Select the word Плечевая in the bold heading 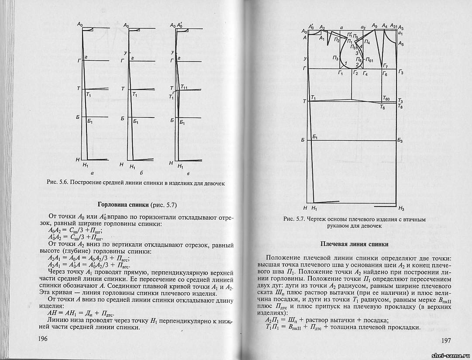click(334, 244)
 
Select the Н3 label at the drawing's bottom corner click(401, 208)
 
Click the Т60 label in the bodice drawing click(387, 99)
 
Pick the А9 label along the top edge click(375, 26)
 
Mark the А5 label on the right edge click(401, 44)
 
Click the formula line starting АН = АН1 click(75, 313)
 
